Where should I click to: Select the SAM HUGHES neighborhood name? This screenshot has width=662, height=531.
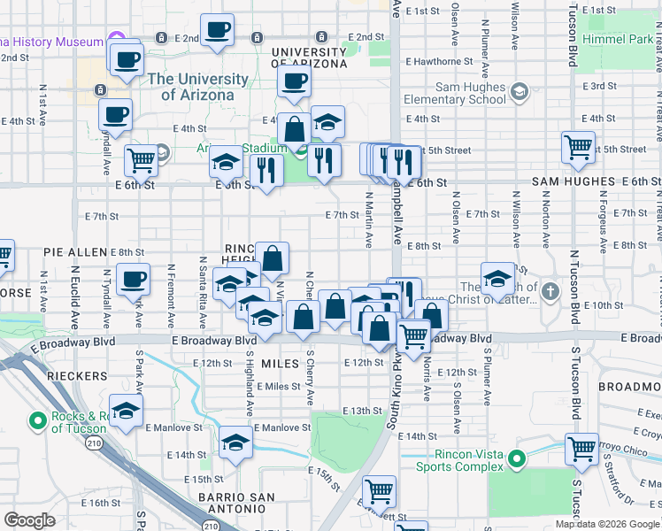click(x=573, y=181)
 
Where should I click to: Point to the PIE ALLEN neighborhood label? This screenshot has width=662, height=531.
click(x=75, y=252)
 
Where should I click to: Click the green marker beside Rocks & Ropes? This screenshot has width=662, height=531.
click(x=38, y=420)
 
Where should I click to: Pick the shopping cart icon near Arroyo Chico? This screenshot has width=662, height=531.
click(x=581, y=449)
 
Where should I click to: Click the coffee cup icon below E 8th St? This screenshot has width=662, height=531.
click(x=133, y=280)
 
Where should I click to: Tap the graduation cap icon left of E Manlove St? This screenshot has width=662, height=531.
click(x=127, y=412)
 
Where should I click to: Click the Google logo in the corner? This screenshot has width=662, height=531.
click(x=30, y=520)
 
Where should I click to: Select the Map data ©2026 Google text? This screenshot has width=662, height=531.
click(x=607, y=524)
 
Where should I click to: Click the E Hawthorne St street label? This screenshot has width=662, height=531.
click(x=436, y=62)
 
